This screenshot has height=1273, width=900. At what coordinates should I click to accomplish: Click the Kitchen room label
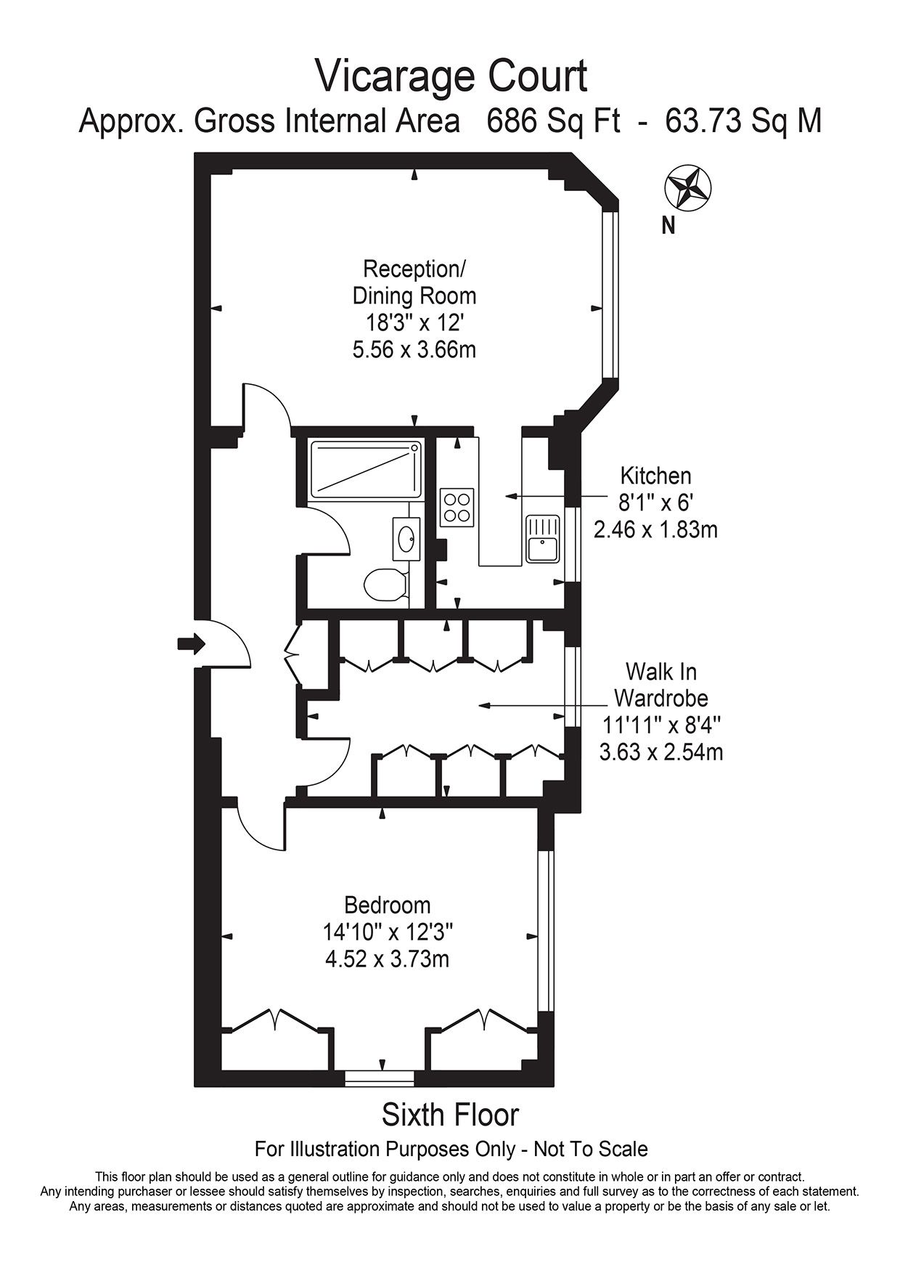(x=655, y=476)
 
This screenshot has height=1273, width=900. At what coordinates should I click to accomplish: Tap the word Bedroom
(x=388, y=906)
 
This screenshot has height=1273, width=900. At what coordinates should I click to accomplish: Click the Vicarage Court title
(x=451, y=76)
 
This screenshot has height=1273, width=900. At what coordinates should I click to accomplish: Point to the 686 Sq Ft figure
(x=554, y=121)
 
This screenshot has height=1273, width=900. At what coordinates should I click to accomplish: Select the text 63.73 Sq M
(x=743, y=121)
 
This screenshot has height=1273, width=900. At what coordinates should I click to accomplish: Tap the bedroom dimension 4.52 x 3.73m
(x=388, y=959)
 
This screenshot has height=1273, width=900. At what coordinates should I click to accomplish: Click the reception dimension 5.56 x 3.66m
(x=414, y=350)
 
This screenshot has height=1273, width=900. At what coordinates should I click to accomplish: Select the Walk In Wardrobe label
(x=661, y=684)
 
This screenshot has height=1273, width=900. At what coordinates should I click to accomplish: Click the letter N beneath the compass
(x=668, y=227)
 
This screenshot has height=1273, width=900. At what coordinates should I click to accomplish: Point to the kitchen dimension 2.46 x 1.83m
(x=655, y=529)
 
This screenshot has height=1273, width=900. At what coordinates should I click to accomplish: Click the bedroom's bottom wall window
(x=379, y=1078)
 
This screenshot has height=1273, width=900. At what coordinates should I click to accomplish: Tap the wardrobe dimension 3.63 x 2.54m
(x=661, y=752)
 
